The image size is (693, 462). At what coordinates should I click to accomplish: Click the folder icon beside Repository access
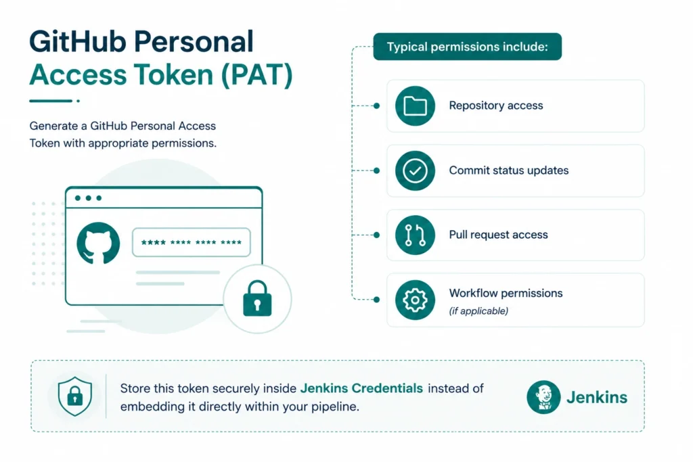coord(415,106)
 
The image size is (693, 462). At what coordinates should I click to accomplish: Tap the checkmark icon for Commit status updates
coord(415,170)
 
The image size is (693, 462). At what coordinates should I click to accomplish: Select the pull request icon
coord(415,235)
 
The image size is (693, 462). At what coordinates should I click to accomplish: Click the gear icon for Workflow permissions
coord(415,300)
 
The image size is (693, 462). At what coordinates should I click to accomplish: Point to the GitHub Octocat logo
coord(98,244)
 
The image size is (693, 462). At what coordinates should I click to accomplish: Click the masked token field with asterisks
coord(192,242)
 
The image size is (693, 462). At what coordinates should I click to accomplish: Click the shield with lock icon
coord(75,396)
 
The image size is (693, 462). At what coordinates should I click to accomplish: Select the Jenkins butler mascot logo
coord(543,397)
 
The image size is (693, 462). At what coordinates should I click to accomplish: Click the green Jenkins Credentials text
coord(361,388)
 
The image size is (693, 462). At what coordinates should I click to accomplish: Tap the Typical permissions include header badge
coord(467,47)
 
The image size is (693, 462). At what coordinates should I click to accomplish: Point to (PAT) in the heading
coord(256,74)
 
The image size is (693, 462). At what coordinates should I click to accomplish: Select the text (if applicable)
coord(478,311)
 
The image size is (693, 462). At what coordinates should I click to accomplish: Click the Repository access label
coord(496,106)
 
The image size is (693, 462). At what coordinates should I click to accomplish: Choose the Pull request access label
coord(499,235)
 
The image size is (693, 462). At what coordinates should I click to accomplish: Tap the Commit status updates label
coord(509,170)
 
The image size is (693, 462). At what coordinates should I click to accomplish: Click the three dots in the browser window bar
coord(89,198)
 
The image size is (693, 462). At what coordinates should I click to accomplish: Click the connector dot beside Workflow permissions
coord(376,300)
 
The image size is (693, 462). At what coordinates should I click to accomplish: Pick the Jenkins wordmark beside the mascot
coord(597,398)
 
